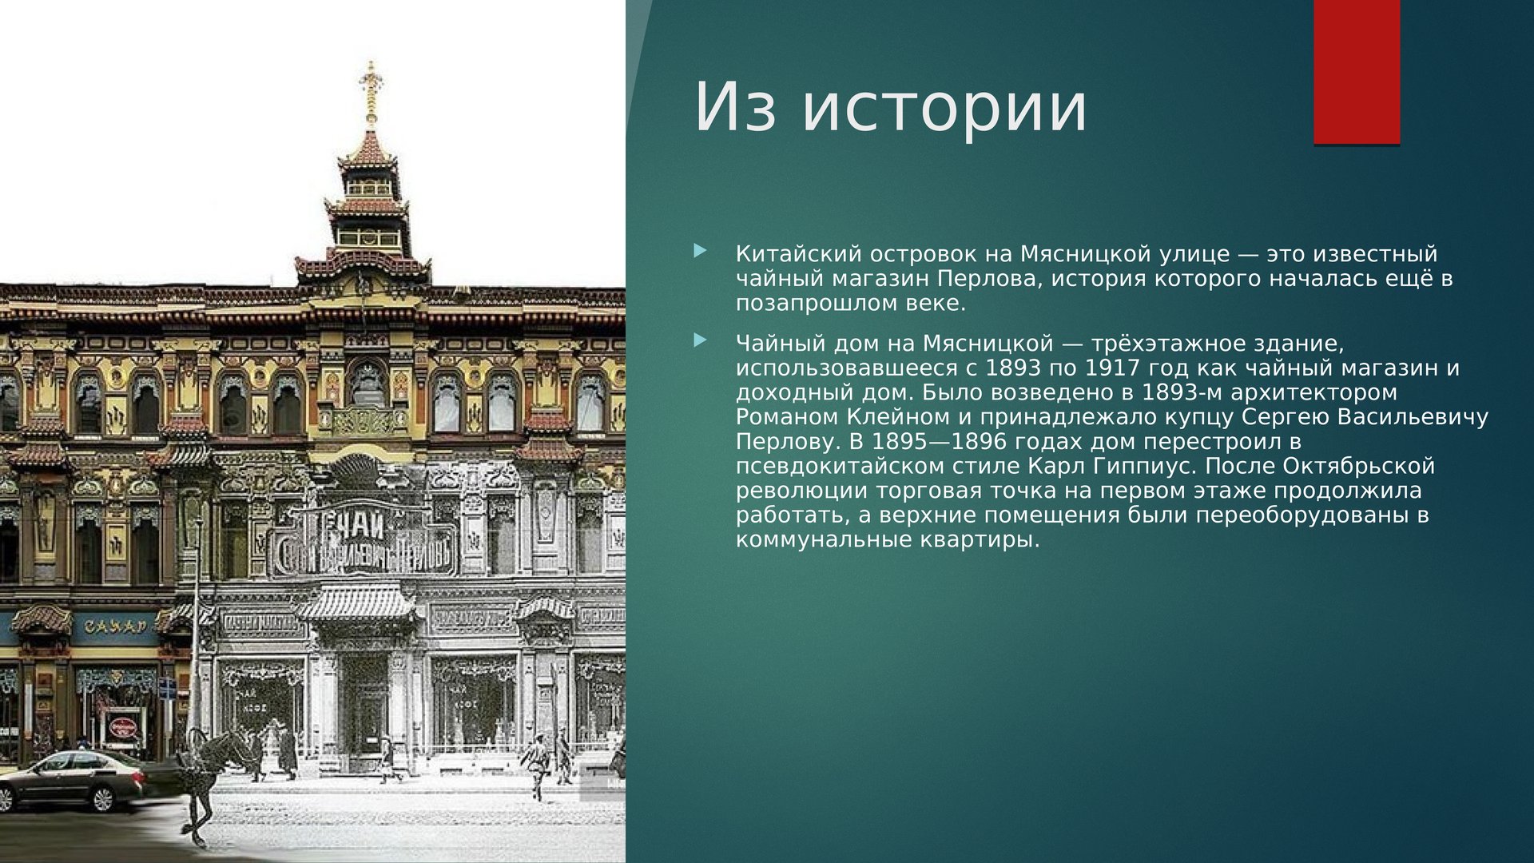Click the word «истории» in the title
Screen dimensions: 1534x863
[944, 107]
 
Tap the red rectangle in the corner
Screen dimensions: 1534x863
[1357, 72]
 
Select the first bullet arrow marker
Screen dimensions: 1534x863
[701, 251]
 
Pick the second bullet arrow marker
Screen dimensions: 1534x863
[701, 340]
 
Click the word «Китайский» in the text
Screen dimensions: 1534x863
[798, 254]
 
